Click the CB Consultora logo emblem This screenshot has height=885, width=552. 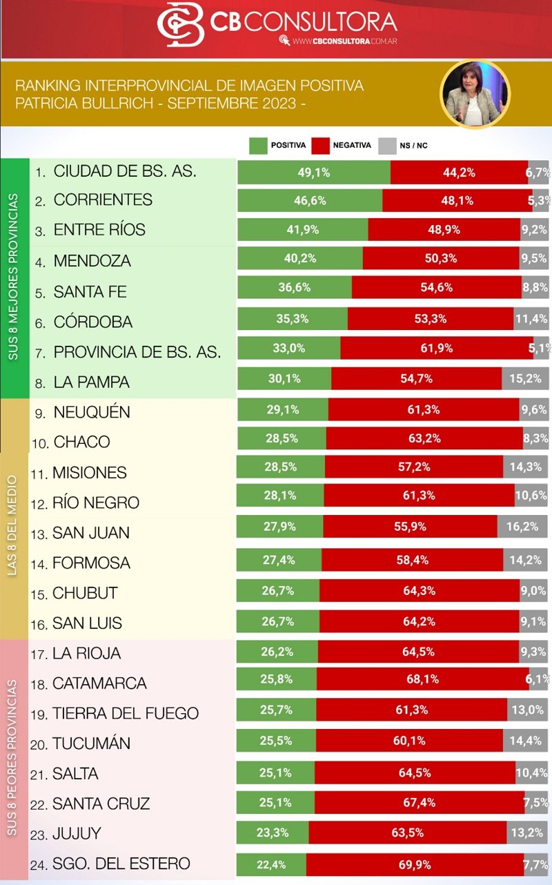pyautogui.click(x=181, y=25)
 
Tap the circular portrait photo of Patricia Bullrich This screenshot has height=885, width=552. pyautogui.click(x=475, y=95)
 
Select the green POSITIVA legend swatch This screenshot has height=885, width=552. pyautogui.click(x=257, y=146)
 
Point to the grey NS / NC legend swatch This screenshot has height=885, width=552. pyautogui.click(x=388, y=146)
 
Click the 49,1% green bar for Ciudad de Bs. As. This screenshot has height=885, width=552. pyautogui.click(x=314, y=173)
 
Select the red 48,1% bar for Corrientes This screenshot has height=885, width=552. pyautogui.click(x=457, y=200)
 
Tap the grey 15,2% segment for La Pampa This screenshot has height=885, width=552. pyautogui.click(x=525, y=378)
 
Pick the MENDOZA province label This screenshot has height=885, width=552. pyautogui.click(x=92, y=261)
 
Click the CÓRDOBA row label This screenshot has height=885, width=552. pyautogui.click(x=92, y=322)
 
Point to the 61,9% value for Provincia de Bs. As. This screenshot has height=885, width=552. pyautogui.click(x=436, y=349)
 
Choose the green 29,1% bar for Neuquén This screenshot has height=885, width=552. pyautogui.click(x=283, y=409)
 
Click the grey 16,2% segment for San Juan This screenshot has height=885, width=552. pyautogui.click(x=522, y=527)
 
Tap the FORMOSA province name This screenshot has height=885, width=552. pyautogui.click(x=91, y=563)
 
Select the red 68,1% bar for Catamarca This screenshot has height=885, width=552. pyautogui.click(x=422, y=679)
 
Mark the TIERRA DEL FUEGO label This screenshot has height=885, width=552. pyautogui.click(x=125, y=713)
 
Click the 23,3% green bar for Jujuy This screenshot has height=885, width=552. pyautogui.click(x=273, y=833)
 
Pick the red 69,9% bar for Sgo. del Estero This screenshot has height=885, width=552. pyautogui.click(x=417, y=863)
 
